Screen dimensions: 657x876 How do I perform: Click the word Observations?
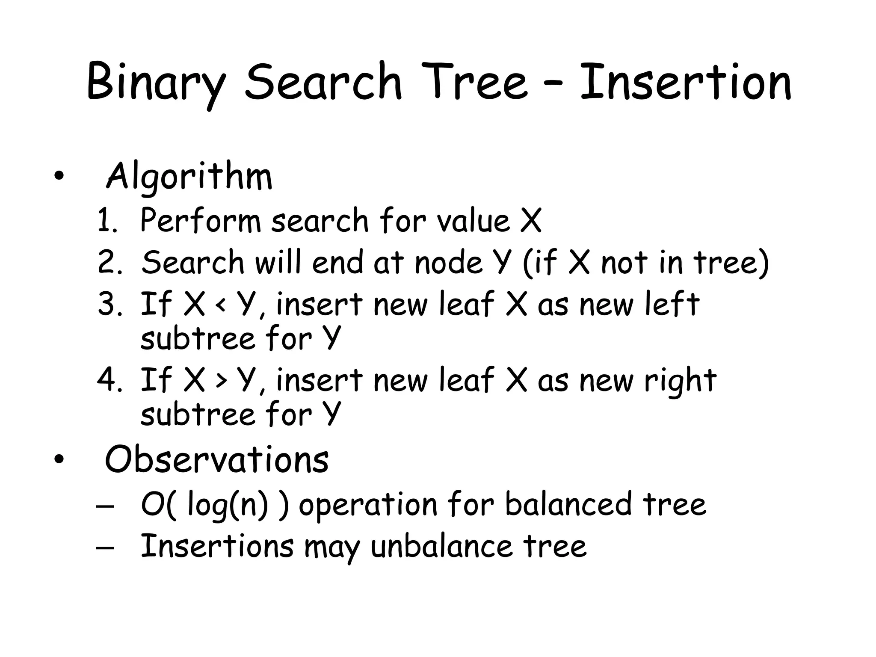tap(217, 459)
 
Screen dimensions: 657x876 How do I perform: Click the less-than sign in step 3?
tap(220, 305)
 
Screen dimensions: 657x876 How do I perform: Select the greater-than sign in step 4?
tap(221, 381)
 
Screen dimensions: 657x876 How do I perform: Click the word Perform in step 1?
tap(200, 221)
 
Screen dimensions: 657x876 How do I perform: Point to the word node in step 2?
tap(449, 263)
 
